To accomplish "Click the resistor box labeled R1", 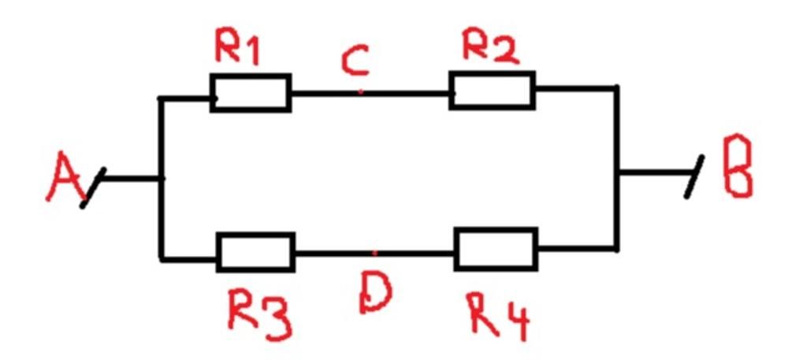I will (x=251, y=93).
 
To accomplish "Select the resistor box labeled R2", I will (x=493, y=90).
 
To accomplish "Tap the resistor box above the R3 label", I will (x=255, y=252).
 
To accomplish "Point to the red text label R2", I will (x=489, y=49).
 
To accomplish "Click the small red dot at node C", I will (x=360, y=92).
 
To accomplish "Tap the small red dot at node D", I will (x=374, y=254).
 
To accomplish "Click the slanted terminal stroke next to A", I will (x=92, y=190).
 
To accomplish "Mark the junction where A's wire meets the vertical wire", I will (x=161, y=178).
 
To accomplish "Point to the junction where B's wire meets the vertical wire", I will (x=617, y=171).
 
